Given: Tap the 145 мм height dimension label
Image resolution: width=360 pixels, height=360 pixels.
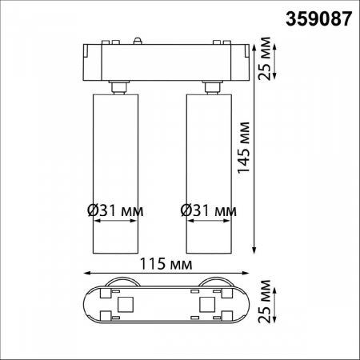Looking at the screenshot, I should click(244, 148).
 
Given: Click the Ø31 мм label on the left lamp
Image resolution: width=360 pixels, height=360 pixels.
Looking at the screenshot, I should click(115, 210).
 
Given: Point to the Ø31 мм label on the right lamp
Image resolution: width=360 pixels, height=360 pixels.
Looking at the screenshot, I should click(209, 210).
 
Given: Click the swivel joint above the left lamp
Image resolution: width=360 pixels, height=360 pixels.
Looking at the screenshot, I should click(119, 86).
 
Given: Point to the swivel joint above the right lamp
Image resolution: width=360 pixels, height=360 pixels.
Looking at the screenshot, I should click(213, 86).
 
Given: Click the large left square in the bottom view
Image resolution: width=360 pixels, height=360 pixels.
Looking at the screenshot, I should click(125, 304).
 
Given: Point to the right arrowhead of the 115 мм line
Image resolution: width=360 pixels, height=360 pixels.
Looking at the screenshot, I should click(247, 274).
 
